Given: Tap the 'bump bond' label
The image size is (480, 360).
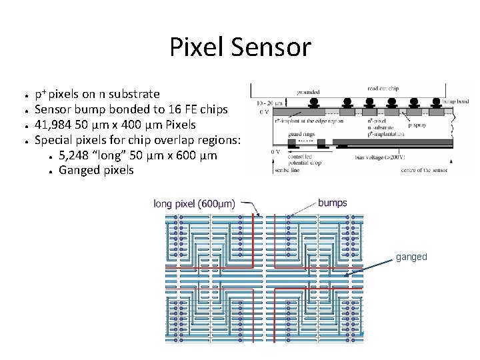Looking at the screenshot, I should tap(456, 102).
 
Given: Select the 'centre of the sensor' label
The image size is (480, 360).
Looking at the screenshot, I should tap(425, 170).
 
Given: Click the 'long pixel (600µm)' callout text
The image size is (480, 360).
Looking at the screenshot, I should tap(194, 204).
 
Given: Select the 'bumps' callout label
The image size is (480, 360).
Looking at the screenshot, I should tap(332, 203).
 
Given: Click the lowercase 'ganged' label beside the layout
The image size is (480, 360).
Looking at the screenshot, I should tap(411, 257).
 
